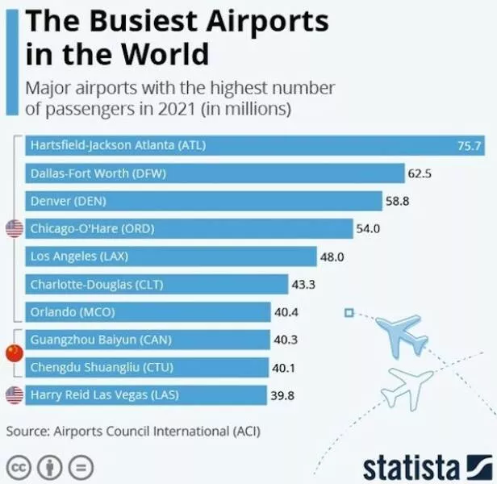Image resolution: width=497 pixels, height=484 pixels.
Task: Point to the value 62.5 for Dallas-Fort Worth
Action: (x=420, y=173)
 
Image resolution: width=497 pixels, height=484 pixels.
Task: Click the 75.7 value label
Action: (x=469, y=147)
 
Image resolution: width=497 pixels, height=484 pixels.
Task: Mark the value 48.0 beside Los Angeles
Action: (x=332, y=257)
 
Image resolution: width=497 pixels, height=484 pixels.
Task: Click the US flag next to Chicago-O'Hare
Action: (x=15, y=229)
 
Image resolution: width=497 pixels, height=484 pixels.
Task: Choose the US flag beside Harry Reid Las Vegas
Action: (x=15, y=395)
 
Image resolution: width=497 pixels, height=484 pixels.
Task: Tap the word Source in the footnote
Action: (x=26, y=431)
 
